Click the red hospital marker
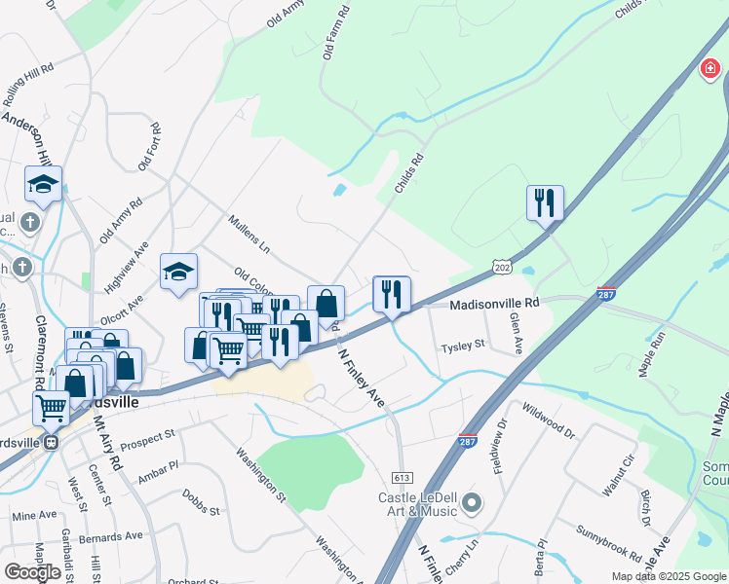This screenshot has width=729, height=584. [710, 70]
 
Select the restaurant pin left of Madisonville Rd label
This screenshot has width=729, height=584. [392, 294]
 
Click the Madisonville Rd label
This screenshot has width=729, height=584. [494, 304]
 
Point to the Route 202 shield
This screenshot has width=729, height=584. [501, 265]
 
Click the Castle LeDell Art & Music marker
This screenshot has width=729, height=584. [473, 503]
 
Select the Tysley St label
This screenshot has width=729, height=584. [462, 346]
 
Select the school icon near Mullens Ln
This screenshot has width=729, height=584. [178, 273]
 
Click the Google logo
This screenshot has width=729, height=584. [32, 571]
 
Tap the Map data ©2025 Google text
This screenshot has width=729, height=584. [668, 576]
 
